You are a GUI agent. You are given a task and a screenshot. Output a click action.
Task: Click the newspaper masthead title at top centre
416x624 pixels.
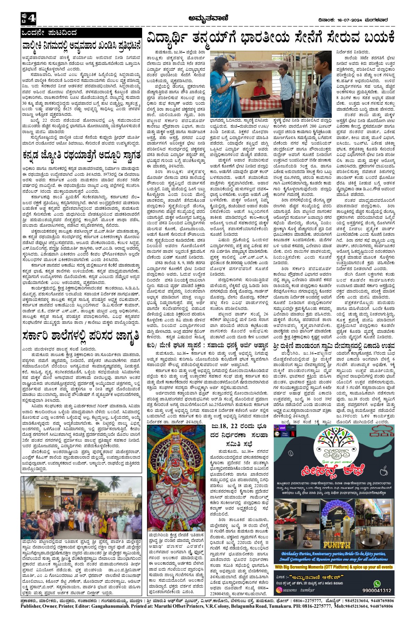208,18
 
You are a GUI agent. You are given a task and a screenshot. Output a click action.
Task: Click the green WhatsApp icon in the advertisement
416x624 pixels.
377,583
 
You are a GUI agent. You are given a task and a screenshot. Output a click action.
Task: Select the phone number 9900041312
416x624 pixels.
377,590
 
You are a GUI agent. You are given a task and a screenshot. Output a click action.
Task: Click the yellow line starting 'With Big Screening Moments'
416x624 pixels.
333,567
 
